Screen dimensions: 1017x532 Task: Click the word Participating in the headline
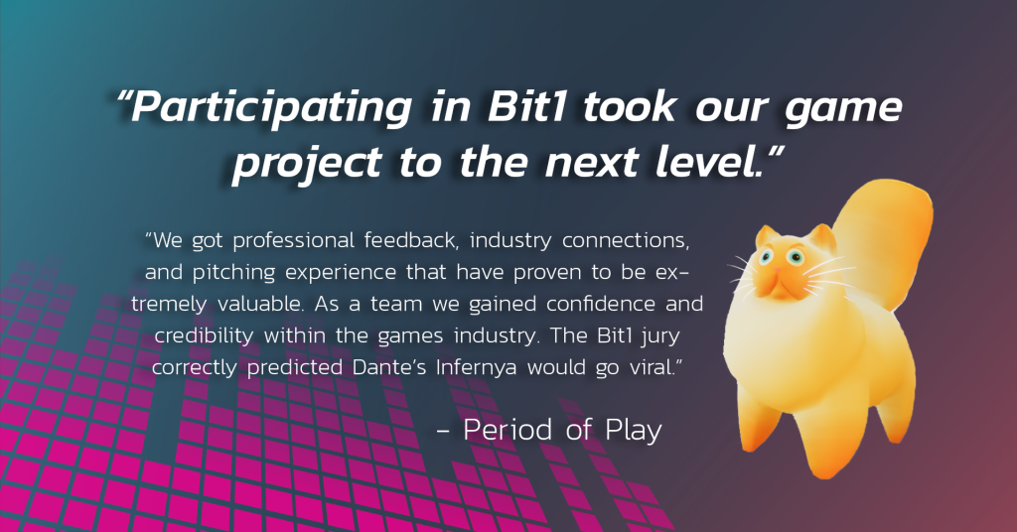pyautogui.click(x=271, y=107)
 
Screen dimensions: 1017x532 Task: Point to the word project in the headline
pyautogui.click(x=307, y=163)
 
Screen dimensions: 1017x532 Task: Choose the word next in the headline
pyautogui.click(x=591, y=163)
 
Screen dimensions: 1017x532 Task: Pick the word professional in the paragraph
pyautogui.click(x=293, y=242)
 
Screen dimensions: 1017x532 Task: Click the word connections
pyautogui.click(x=626, y=241)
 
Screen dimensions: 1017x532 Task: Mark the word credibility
pyautogui.click(x=204, y=336)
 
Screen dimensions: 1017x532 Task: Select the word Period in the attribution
pyautogui.click(x=508, y=430)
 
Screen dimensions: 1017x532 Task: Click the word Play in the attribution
pyautogui.click(x=633, y=431)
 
